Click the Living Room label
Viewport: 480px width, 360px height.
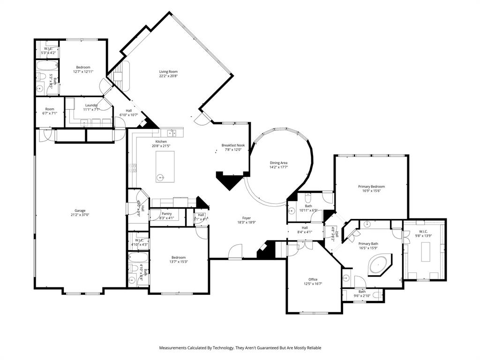click(x=168, y=71)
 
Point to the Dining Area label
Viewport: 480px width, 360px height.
click(x=278, y=162)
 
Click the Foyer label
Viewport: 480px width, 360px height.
click(x=247, y=217)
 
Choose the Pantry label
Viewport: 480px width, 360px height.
click(x=166, y=213)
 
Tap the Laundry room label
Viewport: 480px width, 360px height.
click(x=91, y=105)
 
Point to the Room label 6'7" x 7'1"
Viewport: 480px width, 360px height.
click(x=49, y=109)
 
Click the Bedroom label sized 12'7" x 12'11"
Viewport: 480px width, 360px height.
click(x=83, y=67)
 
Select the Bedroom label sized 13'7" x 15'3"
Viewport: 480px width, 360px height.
click(x=178, y=257)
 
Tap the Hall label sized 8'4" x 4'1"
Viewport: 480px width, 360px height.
click(x=304, y=227)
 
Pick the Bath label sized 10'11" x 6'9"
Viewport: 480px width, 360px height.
click(x=308, y=206)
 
